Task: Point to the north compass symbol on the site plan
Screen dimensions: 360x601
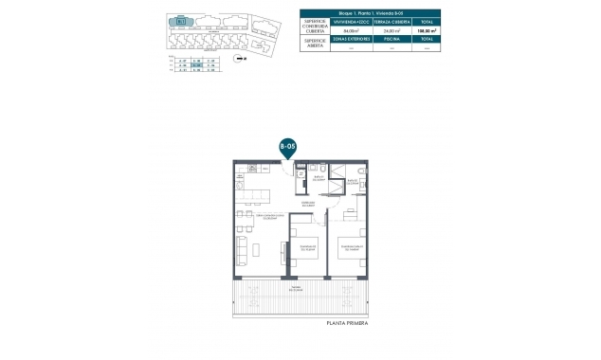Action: tap(241, 57)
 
